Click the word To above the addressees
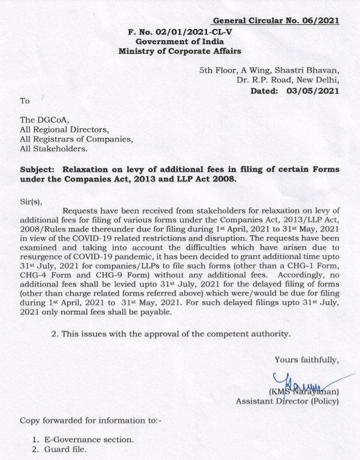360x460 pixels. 25,101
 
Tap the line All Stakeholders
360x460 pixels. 53,149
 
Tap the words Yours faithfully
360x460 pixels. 307,360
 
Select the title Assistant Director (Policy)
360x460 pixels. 287,401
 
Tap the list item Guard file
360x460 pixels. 67,450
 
